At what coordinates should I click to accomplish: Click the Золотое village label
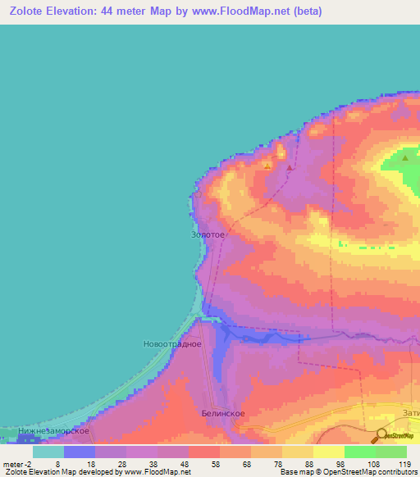[x=208, y=234]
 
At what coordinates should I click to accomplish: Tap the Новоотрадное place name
[x=172, y=343]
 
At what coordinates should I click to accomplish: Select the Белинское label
[x=223, y=414]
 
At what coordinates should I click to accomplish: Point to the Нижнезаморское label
[x=52, y=430]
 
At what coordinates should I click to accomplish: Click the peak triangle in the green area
[x=405, y=157]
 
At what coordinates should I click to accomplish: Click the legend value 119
[x=404, y=463]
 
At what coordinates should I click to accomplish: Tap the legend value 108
[x=374, y=463]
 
